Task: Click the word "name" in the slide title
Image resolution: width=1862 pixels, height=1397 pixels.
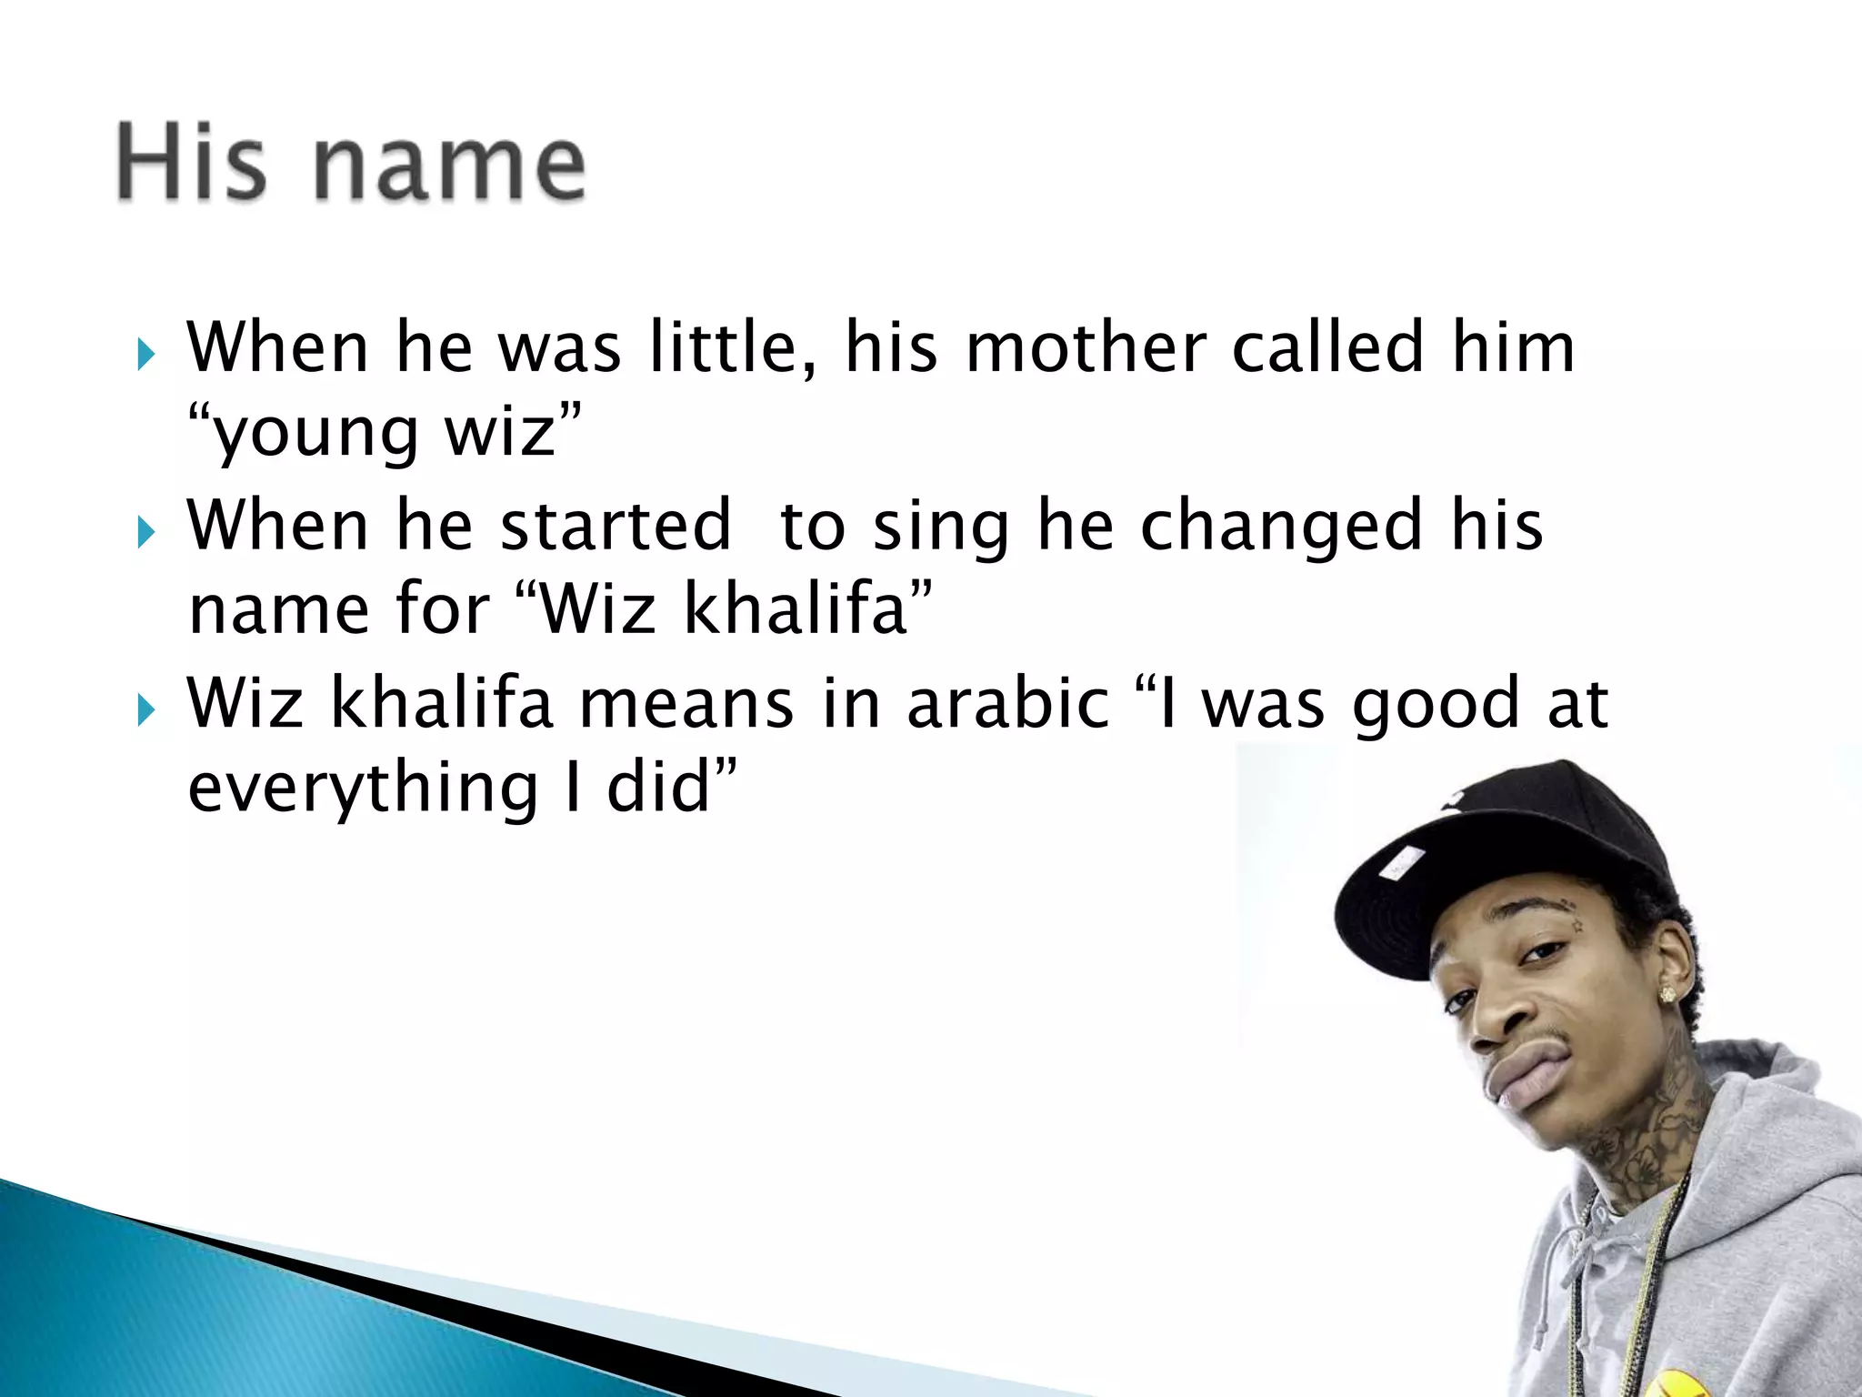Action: (x=450, y=165)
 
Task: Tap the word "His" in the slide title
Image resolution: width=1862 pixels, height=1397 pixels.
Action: (x=192, y=164)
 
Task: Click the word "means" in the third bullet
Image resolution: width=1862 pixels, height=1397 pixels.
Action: (x=686, y=705)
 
